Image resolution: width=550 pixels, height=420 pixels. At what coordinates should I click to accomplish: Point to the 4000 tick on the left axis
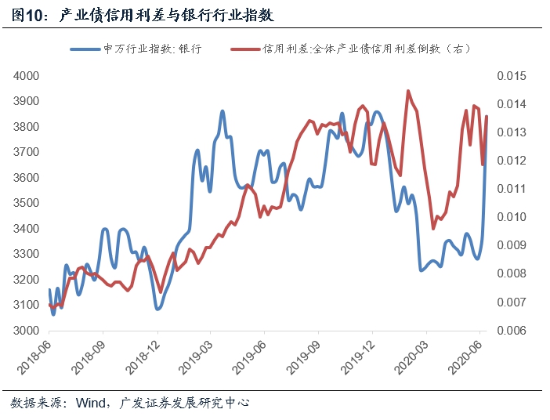[26, 76]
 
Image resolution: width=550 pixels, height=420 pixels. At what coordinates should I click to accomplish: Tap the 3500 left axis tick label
[26, 203]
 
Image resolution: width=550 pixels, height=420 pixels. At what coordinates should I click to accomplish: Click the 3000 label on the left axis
[26, 331]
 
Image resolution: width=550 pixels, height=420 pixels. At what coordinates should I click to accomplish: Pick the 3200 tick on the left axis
[26, 280]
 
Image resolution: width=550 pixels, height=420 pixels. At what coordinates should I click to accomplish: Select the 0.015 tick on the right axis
[509, 76]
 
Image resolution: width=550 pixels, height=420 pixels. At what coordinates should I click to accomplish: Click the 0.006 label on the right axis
[509, 331]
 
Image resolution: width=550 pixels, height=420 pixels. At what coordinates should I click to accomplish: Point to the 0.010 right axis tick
[509, 217]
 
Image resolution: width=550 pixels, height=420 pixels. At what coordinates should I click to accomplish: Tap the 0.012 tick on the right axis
[509, 161]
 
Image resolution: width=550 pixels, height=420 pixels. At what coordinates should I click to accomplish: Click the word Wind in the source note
[89, 404]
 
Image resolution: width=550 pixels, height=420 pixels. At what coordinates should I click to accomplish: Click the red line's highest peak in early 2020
[408, 91]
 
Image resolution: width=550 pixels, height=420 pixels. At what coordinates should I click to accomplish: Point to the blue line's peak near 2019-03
[223, 111]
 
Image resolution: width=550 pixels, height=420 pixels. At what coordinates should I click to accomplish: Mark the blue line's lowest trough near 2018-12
[158, 309]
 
